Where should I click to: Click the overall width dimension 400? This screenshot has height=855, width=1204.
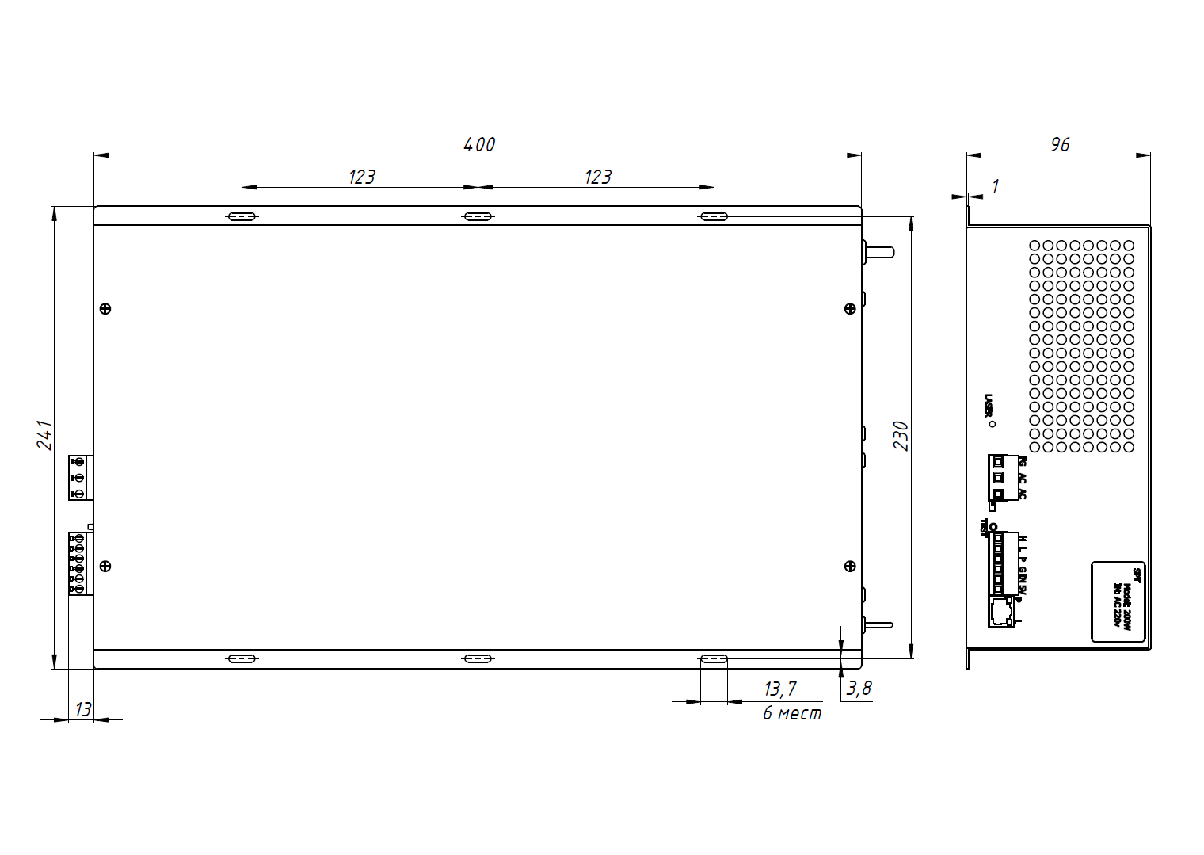(x=479, y=144)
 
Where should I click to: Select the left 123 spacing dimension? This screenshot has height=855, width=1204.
(x=361, y=177)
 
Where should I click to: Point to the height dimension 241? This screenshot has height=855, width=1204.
(x=44, y=435)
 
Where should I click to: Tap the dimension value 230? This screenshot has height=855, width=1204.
(x=901, y=436)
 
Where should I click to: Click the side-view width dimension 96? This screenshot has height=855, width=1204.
(x=1060, y=144)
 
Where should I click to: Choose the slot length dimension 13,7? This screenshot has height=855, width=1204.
(x=780, y=689)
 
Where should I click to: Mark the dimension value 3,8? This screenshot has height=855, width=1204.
(x=859, y=688)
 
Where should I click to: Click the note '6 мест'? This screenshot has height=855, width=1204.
(x=792, y=713)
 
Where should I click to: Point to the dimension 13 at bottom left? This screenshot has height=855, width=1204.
(x=83, y=709)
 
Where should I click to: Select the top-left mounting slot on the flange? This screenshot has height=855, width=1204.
(x=242, y=216)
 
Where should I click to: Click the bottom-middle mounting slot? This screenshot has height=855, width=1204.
(x=478, y=658)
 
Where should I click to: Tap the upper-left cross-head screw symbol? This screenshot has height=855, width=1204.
(x=105, y=309)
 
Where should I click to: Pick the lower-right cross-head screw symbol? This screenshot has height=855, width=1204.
(x=850, y=566)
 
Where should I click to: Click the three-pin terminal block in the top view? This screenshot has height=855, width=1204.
(x=80, y=478)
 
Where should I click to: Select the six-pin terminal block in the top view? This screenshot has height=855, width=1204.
(x=80, y=563)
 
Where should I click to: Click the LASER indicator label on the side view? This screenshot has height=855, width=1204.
(x=988, y=406)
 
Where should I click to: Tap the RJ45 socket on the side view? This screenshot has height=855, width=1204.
(x=1001, y=612)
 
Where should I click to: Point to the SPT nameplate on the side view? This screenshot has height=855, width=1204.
(x=1118, y=601)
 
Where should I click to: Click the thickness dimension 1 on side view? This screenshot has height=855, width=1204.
(x=995, y=187)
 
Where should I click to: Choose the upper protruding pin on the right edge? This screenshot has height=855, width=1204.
(x=879, y=252)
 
